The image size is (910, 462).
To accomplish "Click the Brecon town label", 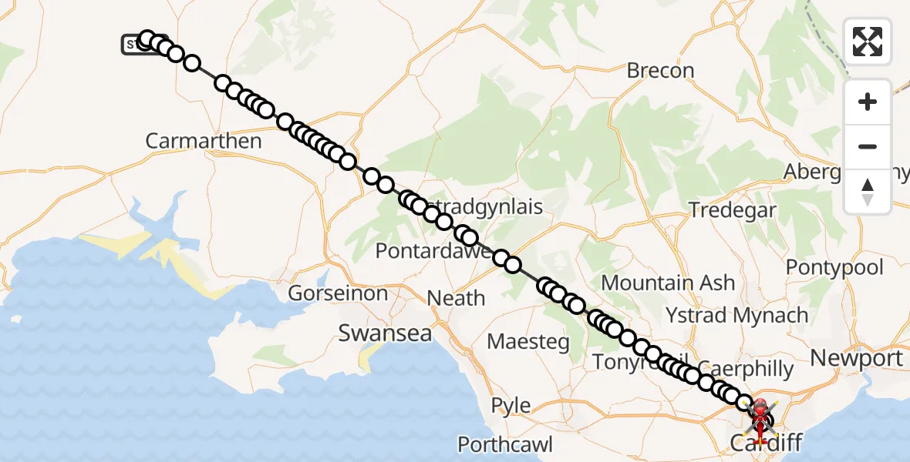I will tap(660, 71).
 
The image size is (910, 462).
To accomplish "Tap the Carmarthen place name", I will tap(204, 141).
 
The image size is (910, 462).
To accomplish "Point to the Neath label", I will tap(457, 298).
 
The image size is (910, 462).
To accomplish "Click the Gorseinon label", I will tap(338, 293).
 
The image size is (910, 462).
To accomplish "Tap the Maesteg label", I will tap(528, 340).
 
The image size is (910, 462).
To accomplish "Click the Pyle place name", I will tap(511, 405).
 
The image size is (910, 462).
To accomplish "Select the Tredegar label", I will tap(732, 209).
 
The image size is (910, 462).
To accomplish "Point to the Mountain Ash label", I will tap(668, 283).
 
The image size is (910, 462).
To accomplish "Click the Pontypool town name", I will tap(834, 268).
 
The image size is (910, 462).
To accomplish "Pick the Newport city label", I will tap(857, 358).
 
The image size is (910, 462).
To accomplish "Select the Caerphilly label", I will tap(746, 369).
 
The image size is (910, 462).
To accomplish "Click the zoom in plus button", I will tap(868, 102).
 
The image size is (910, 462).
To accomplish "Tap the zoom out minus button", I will tap(868, 146).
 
